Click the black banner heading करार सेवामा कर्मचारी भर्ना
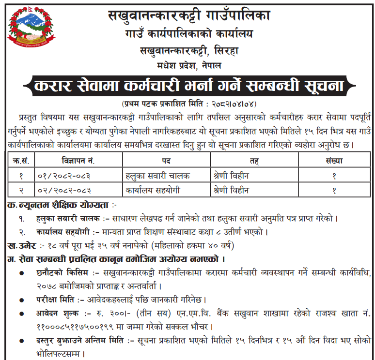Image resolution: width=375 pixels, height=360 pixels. coord(189,86)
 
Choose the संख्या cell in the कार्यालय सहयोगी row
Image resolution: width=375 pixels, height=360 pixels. coord(334,190)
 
